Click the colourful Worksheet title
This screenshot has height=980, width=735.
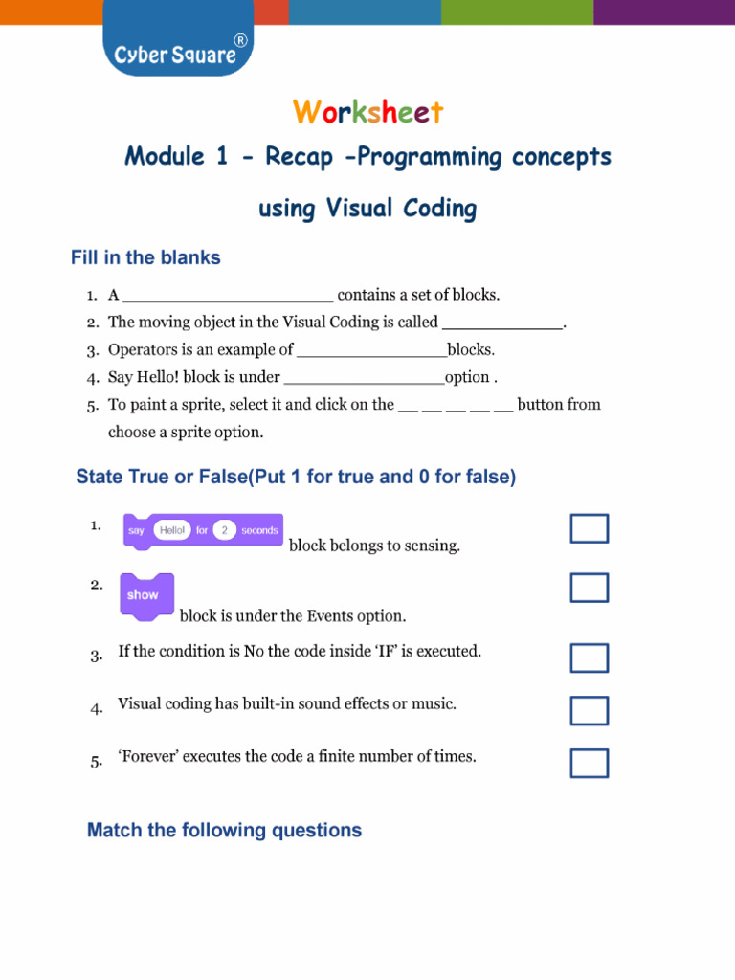pyautogui.click(x=368, y=112)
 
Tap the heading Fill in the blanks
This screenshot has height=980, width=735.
pyautogui.click(x=145, y=257)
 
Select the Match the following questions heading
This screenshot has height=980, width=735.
pyautogui.click(x=224, y=830)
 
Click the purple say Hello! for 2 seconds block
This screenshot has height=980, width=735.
pyautogui.click(x=203, y=530)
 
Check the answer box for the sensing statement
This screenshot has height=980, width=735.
pyautogui.click(x=589, y=528)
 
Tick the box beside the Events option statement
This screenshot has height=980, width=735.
pyautogui.click(x=589, y=588)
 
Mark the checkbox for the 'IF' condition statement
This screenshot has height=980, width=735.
pyautogui.click(x=589, y=658)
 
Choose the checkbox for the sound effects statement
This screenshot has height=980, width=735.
pyautogui.click(x=589, y=711)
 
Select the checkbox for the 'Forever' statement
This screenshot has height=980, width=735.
pyautogui.click(x=589, y=763)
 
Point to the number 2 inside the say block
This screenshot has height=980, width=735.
pyautogui.click(x=224, y=530)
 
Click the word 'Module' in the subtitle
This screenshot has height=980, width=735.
pyautogui.click(x=165, y=156)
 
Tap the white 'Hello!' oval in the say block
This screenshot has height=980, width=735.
pyautogui.click(x=172, y=530)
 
